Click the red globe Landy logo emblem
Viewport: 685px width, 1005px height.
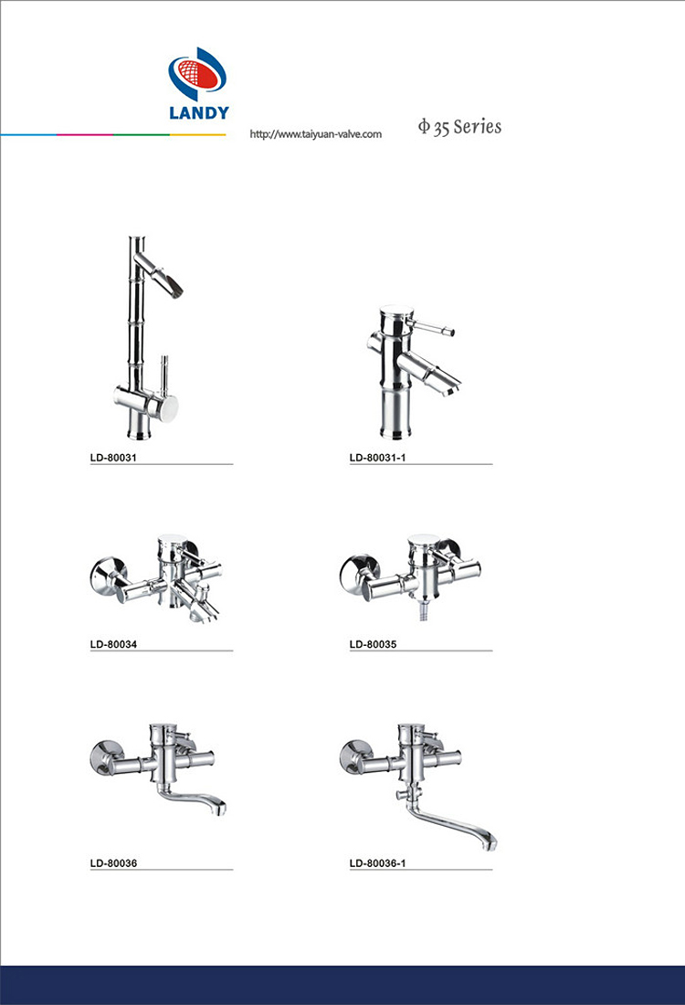[x=197, y=74]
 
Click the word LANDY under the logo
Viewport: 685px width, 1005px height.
[x=198, y=112]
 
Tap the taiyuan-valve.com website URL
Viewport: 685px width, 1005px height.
[x=316, y=134]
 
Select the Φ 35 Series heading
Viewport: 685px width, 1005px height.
[x=459, y=127]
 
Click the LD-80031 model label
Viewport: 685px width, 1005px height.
[x=113, y=458]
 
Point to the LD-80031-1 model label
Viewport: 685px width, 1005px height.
[x=377, y=458]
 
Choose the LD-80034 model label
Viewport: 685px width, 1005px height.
[x=113, y=644]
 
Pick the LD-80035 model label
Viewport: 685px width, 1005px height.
[x=373, y=644]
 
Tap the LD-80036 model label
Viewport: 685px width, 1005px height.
[x=113, y=863]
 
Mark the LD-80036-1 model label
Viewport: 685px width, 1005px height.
[x=377, y=863]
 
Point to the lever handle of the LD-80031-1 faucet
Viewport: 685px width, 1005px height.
[x=434, y=327]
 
